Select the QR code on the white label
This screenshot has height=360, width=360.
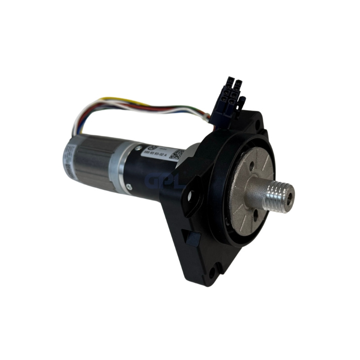176,154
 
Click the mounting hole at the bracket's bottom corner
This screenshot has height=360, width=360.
211,272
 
